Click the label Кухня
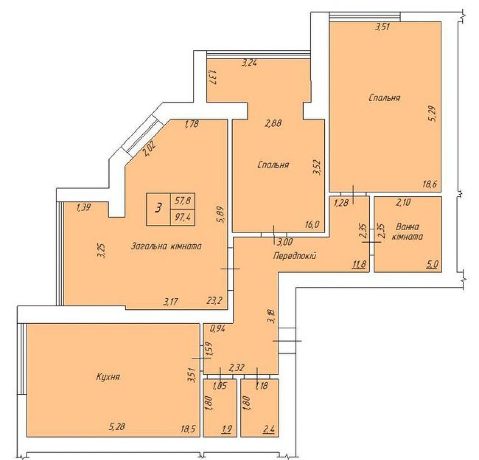(108, 377)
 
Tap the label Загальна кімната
(166, 246)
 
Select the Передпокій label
(295, 255)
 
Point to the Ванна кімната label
(408, 232)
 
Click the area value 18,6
(430, 184)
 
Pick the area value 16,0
(312, 225)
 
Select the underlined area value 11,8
(359, 264)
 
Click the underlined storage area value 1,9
(227, 429)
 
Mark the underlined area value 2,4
(269, 429)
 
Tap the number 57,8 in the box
(182, 201)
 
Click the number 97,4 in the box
(182, 217)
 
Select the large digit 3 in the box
(158, 209)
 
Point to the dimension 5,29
(433, 114)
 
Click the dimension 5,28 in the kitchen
(117, 426)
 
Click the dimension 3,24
(249, 63)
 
